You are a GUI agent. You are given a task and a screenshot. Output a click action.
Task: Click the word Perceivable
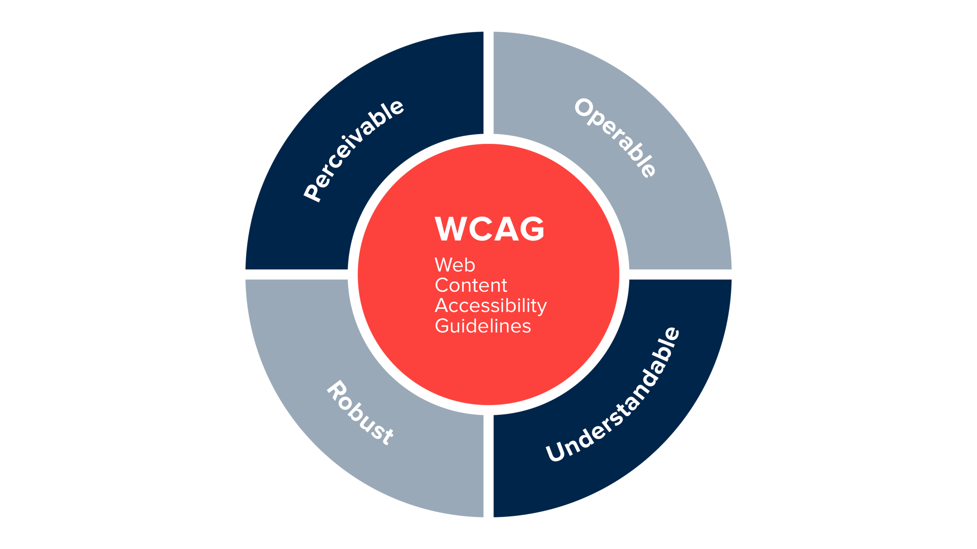click(x=354, y=150)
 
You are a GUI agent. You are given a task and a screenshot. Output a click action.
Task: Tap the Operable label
click(x=615, y=138)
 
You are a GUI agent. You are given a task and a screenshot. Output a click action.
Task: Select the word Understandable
click(x=613, y=394)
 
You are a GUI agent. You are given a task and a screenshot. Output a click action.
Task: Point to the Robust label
click(x=360, y=413)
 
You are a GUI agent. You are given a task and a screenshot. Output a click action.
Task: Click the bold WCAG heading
click(x=489, y=229)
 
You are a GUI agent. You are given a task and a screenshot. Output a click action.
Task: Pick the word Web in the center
click(x=455, y=265)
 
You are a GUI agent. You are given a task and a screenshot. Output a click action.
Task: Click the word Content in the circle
click(x=471, y=285)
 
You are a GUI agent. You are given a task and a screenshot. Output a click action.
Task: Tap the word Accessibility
click(x=491, y=306)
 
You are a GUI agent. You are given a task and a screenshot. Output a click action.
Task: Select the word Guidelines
click(x=483, y=326)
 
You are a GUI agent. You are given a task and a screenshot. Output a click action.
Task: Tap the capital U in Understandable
click(x=555, y=452)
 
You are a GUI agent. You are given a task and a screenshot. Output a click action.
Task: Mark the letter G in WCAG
click(x=532, y=229)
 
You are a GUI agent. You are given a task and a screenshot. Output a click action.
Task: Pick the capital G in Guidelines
click(x=441, y=326)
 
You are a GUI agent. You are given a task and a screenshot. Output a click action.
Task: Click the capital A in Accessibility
click(x=442, y=305)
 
